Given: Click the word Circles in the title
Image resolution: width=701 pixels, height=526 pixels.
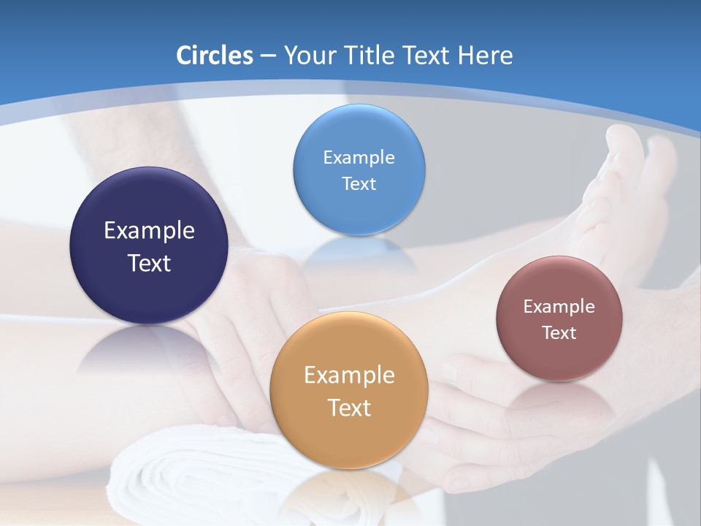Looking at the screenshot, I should (x=214, y=56).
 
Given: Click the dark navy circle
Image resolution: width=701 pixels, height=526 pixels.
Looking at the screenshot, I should (x=149, y=212).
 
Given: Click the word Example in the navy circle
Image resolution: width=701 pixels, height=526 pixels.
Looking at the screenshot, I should (x=149, y=231).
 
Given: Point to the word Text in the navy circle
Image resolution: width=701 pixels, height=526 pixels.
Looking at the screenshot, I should (x=149, y=263).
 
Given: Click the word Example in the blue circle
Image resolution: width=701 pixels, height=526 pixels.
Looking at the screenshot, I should (x=359, y=157).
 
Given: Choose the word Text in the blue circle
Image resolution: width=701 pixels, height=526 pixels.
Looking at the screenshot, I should (x=359, y=183).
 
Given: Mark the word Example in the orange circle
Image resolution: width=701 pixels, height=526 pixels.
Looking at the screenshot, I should (x=348, y=376).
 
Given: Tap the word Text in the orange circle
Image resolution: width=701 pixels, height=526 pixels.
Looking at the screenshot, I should (x=348, y=408).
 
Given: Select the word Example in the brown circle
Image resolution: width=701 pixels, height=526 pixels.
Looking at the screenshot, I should (x=559, y=306).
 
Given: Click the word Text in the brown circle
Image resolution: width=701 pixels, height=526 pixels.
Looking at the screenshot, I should (x=559, y=332).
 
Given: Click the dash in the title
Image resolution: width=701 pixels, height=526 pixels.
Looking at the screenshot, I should (x=267, y=56).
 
